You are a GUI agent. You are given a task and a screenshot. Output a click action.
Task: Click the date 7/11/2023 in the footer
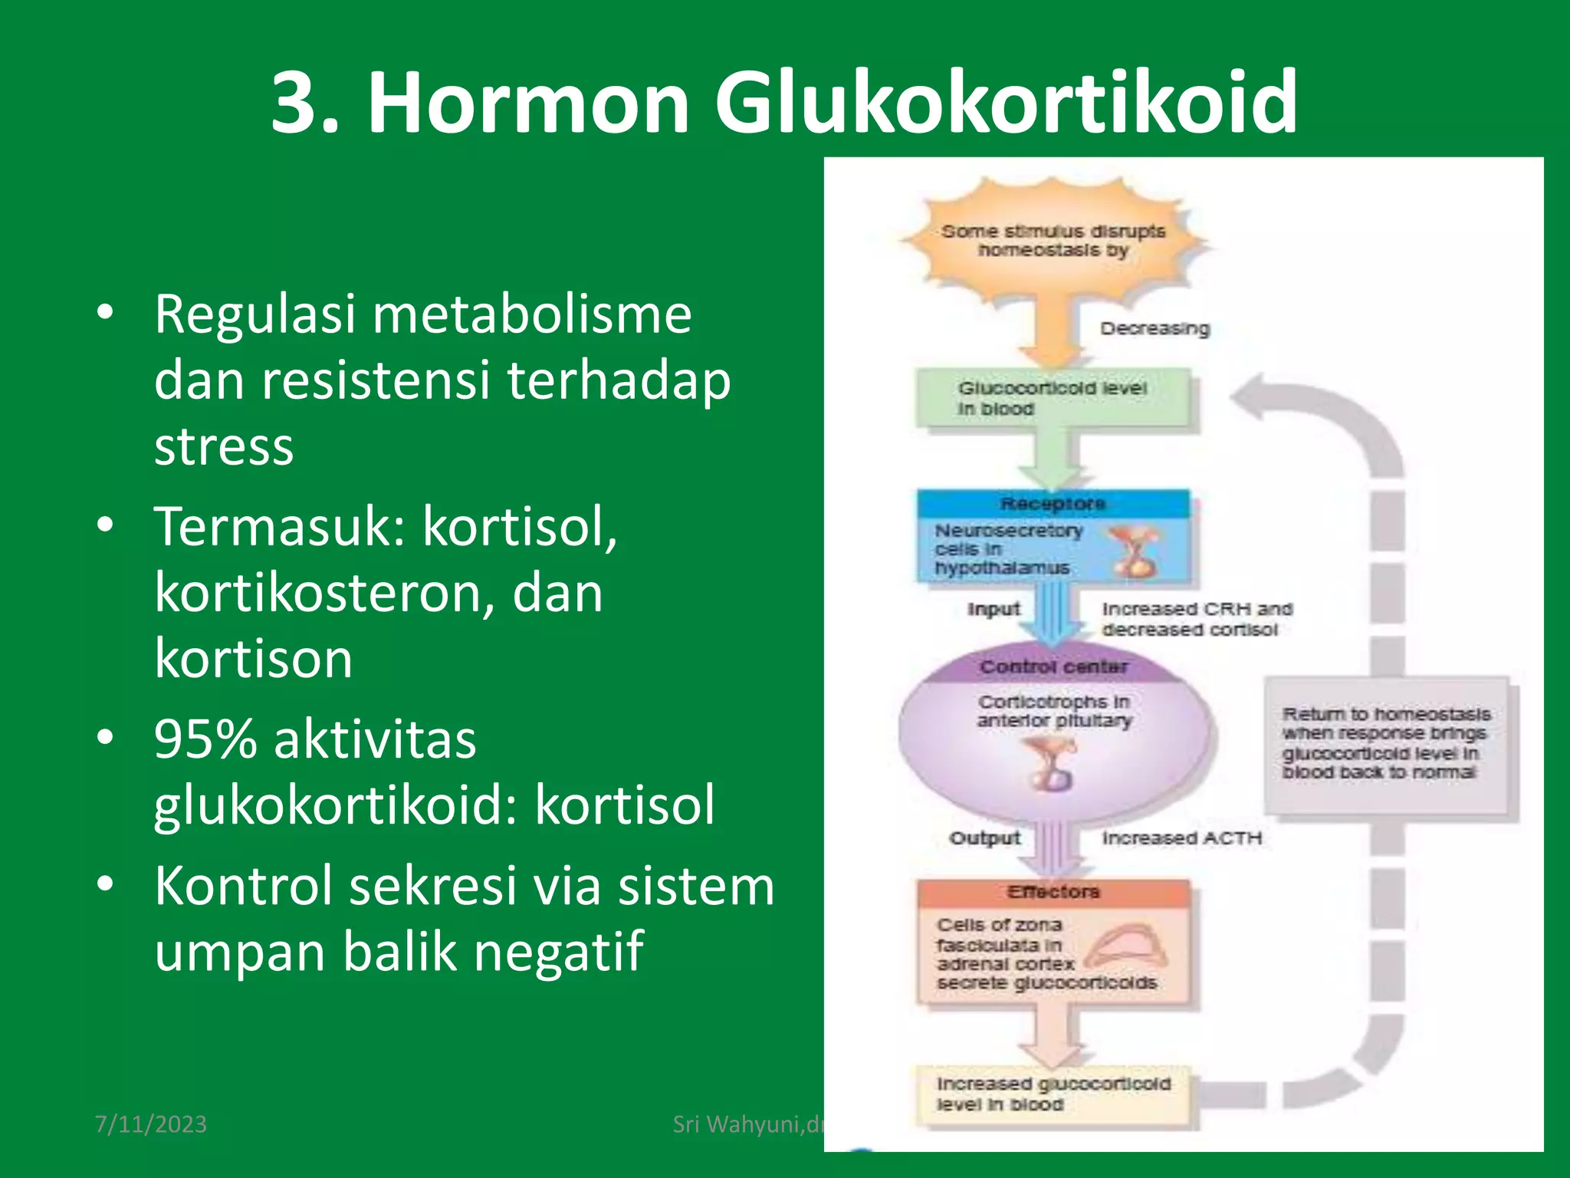point(151,1124)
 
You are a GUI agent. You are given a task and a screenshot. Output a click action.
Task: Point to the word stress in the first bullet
point(224,446)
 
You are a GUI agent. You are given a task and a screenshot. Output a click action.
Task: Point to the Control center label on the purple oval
point(1053,667)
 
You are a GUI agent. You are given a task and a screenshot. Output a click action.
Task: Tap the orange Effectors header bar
point(1053,892)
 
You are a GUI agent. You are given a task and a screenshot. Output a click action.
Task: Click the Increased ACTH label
point(1181,838)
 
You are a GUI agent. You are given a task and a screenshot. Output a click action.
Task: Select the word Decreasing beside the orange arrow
point(1155,329)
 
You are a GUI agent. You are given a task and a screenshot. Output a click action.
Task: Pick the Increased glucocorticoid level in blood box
point(1053,1094)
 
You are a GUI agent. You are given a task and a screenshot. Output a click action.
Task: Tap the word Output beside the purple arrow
point(984,838)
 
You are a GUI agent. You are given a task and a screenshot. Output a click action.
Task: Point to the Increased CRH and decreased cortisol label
point(1196,619)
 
